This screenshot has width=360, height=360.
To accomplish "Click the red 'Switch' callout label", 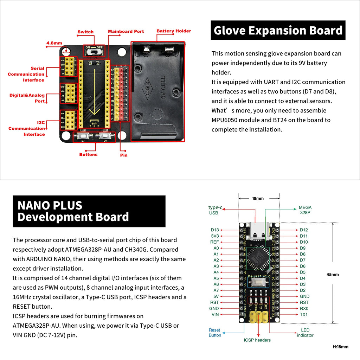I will pyautogui.click(x=85, y=32).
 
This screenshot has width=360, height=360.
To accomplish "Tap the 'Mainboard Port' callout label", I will pyautogui.click(x=126, y=31).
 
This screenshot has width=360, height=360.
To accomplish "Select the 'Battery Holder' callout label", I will pyautogui.click(x=174, y=31).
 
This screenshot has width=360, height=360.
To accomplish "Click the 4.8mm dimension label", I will pyautogui.click(x=54, y=44).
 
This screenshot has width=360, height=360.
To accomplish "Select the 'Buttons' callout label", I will pyautogui.click(x=88, y=154).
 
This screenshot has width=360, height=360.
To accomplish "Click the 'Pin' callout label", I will pyautogui.click(x=124, y=155).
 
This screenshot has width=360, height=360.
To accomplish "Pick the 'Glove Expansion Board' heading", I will pyautogui.click(x=278, y=31).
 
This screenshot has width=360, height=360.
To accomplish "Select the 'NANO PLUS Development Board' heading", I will pyautogui.click(x=73, y=211).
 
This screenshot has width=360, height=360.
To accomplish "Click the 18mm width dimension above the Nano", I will pyautogui.click(x=258, y=199).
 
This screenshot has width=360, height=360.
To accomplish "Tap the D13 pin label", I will pyautogui.click(x=215, y=230).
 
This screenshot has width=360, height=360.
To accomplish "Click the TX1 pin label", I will pyautogui.click(x=303, y=314).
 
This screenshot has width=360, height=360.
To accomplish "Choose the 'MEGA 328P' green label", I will pyautogui.click(x=305, y=210).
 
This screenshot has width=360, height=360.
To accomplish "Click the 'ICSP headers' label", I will pyautogui.click(x=257, y=340).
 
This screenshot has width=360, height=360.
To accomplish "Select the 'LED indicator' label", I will pyautogui.click(x=305, y=333).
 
